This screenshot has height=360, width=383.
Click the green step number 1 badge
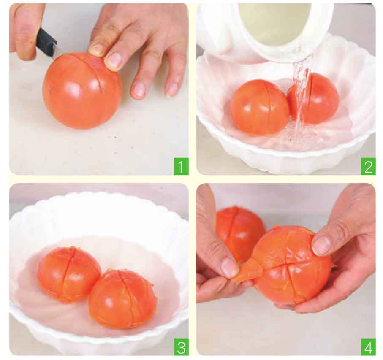pos(181,166)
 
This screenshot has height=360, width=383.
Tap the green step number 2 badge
pos(368,166)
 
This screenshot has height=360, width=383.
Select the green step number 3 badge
pos(181,347)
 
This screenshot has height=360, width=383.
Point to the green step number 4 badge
pos(368,347)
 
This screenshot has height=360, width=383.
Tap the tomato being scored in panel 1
pos(82,90)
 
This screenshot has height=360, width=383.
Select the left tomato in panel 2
pos(259,107)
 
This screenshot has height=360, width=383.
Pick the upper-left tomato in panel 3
pos(69,274)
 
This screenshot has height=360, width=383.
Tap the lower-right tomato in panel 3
pos(122,298)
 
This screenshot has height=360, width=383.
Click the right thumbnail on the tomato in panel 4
pos(322,245)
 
